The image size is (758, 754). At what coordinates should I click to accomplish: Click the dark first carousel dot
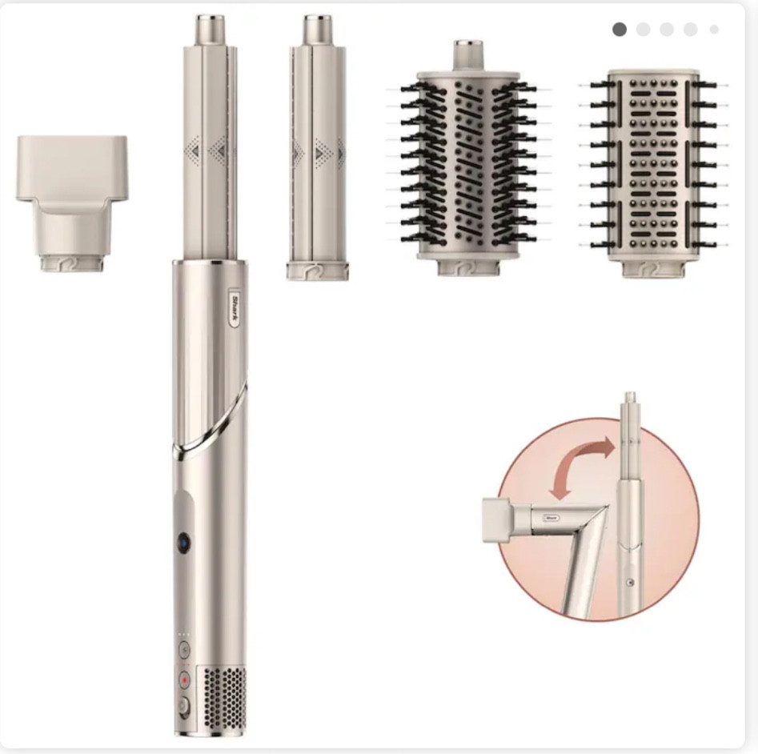pos(620,30)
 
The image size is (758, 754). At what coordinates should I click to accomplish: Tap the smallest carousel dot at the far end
pos(714,30)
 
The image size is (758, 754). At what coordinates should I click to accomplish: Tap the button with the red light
pos(184,680)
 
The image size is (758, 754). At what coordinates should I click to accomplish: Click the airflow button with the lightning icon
pos(184,650)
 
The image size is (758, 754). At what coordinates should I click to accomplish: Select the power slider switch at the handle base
pos(183,707)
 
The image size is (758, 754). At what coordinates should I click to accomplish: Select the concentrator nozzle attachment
pos(71,203)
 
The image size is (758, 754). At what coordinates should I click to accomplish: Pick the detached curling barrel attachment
pos(317,148)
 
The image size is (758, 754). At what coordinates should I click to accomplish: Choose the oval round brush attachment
pos(468,158)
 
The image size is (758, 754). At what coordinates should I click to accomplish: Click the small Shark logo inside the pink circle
pos(551,518)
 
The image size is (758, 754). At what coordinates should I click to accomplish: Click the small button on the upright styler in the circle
pos(629,583)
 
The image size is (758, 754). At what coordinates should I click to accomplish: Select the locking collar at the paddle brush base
pos(653,269)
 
